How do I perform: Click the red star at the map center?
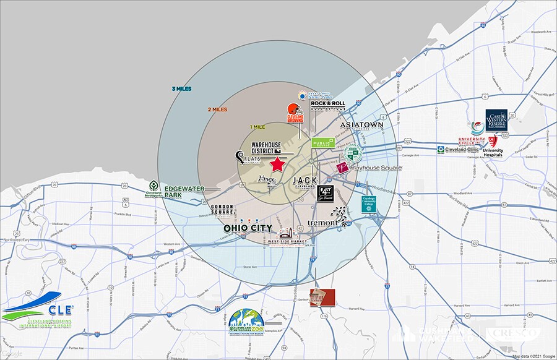point(278,165)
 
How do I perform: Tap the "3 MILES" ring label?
point(182,89)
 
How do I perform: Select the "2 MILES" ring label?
point(217,109)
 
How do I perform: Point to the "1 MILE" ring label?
point(259,127)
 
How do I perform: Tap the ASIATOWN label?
point(362,125)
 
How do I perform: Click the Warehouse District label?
point(266,148)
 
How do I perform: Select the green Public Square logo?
point(322,143)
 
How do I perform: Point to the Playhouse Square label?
point(376,168)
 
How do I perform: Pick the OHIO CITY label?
point(248,228)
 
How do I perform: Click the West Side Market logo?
point(285,238)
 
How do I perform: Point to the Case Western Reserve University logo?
point(496,121)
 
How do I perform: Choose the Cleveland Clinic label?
point(459,150)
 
